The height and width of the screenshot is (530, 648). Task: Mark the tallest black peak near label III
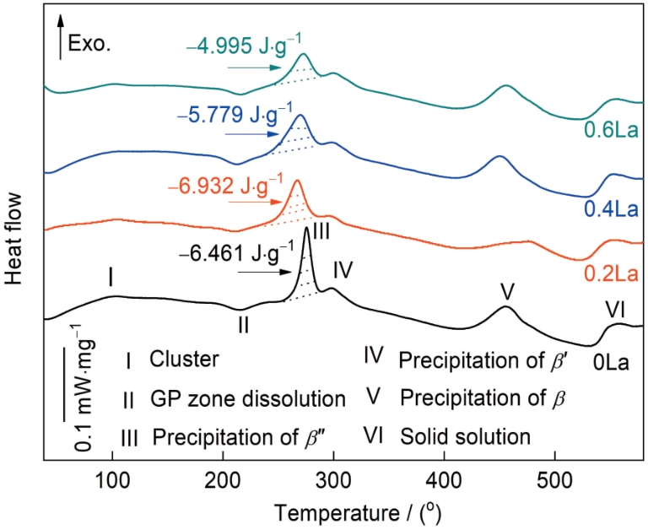click(x=305, y=228)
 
